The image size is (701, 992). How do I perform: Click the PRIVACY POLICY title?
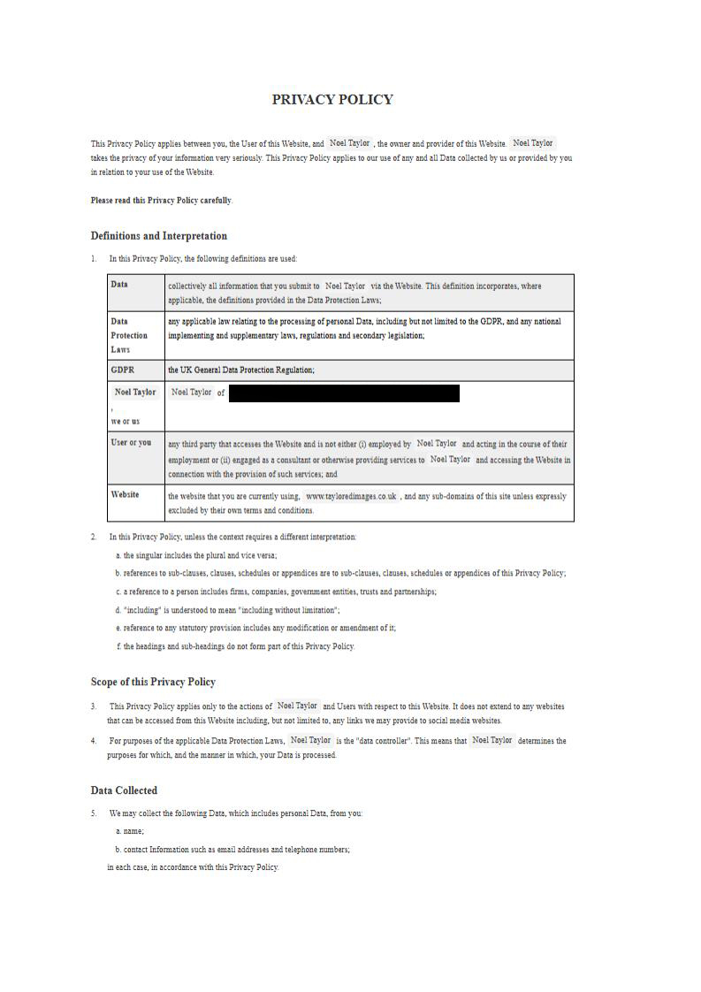click(x=332, y=100)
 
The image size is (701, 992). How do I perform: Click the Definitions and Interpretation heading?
click(x=158, y=236)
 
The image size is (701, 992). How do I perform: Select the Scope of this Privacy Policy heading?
click(x=153, y=682)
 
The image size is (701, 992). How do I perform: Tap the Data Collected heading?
click(x=124, y=790)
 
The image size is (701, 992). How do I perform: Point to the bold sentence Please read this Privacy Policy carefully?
click(x=161, y=201)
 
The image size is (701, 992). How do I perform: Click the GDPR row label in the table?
click(x=123, y=370)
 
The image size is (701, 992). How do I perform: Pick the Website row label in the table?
click(x=125, y=494)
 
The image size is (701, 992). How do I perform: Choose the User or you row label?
click(x=131, y=442)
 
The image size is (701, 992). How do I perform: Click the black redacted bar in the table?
click(x=344, y=393)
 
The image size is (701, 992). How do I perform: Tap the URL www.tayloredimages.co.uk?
click(x=351, y=497)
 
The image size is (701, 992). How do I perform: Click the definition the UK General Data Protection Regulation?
click(x=240, y=370)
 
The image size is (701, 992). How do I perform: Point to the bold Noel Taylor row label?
click(x=135, y=392)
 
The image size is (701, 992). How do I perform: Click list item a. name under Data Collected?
click(x=130, y=831)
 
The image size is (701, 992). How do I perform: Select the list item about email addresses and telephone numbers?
click(x=232, y=850)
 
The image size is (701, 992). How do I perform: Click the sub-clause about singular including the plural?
click(x=196, y=555)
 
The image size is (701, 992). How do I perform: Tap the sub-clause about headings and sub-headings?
click(x=235, y=646)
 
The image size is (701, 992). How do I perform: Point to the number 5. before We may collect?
click(x=94, y=813)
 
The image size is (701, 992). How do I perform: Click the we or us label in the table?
click(x=125, y=421)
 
